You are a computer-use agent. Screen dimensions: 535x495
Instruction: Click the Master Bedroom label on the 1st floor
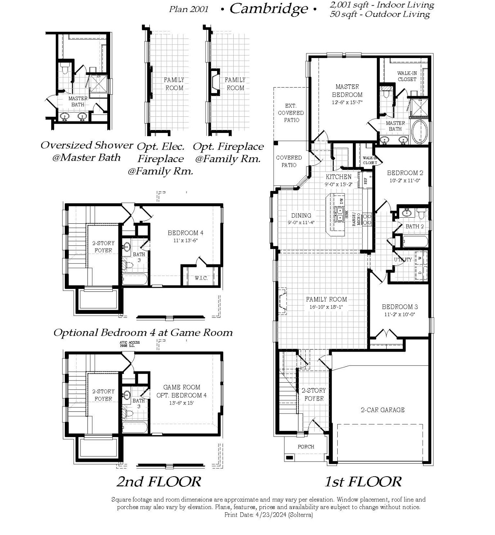pos(347,91)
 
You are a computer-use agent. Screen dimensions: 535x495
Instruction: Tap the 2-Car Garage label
pos(382,410)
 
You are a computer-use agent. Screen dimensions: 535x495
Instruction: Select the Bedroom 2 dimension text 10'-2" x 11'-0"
pos(405,180)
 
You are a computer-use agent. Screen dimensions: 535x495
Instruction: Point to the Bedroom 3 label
pos(400,307)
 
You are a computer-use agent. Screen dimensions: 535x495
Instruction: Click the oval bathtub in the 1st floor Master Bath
pos(419,131)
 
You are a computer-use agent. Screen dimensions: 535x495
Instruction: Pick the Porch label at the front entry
pos(306,446)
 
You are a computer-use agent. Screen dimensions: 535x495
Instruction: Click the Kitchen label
pos(338,177)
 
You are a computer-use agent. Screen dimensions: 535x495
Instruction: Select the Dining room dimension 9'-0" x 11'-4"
pos(301,222)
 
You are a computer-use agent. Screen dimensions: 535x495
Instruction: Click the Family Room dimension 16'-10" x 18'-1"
pos(326,307)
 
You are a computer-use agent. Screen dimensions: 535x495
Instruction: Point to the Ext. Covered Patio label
pos(291,113)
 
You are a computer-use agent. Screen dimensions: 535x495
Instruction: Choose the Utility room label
pos(402,259)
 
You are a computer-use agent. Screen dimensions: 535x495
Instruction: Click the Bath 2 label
pos(414,226)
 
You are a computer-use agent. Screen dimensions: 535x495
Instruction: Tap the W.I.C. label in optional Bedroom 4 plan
pos(201,278)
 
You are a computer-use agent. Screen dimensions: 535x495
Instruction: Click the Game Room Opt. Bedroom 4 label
pos(181,391)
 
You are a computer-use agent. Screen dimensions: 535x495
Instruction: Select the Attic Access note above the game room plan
pos(130,344)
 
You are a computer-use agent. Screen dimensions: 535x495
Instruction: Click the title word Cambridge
pos(269,9)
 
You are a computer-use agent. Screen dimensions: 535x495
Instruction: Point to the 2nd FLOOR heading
pos(158,481)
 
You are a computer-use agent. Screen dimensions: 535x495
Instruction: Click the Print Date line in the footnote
pos(268,515)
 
